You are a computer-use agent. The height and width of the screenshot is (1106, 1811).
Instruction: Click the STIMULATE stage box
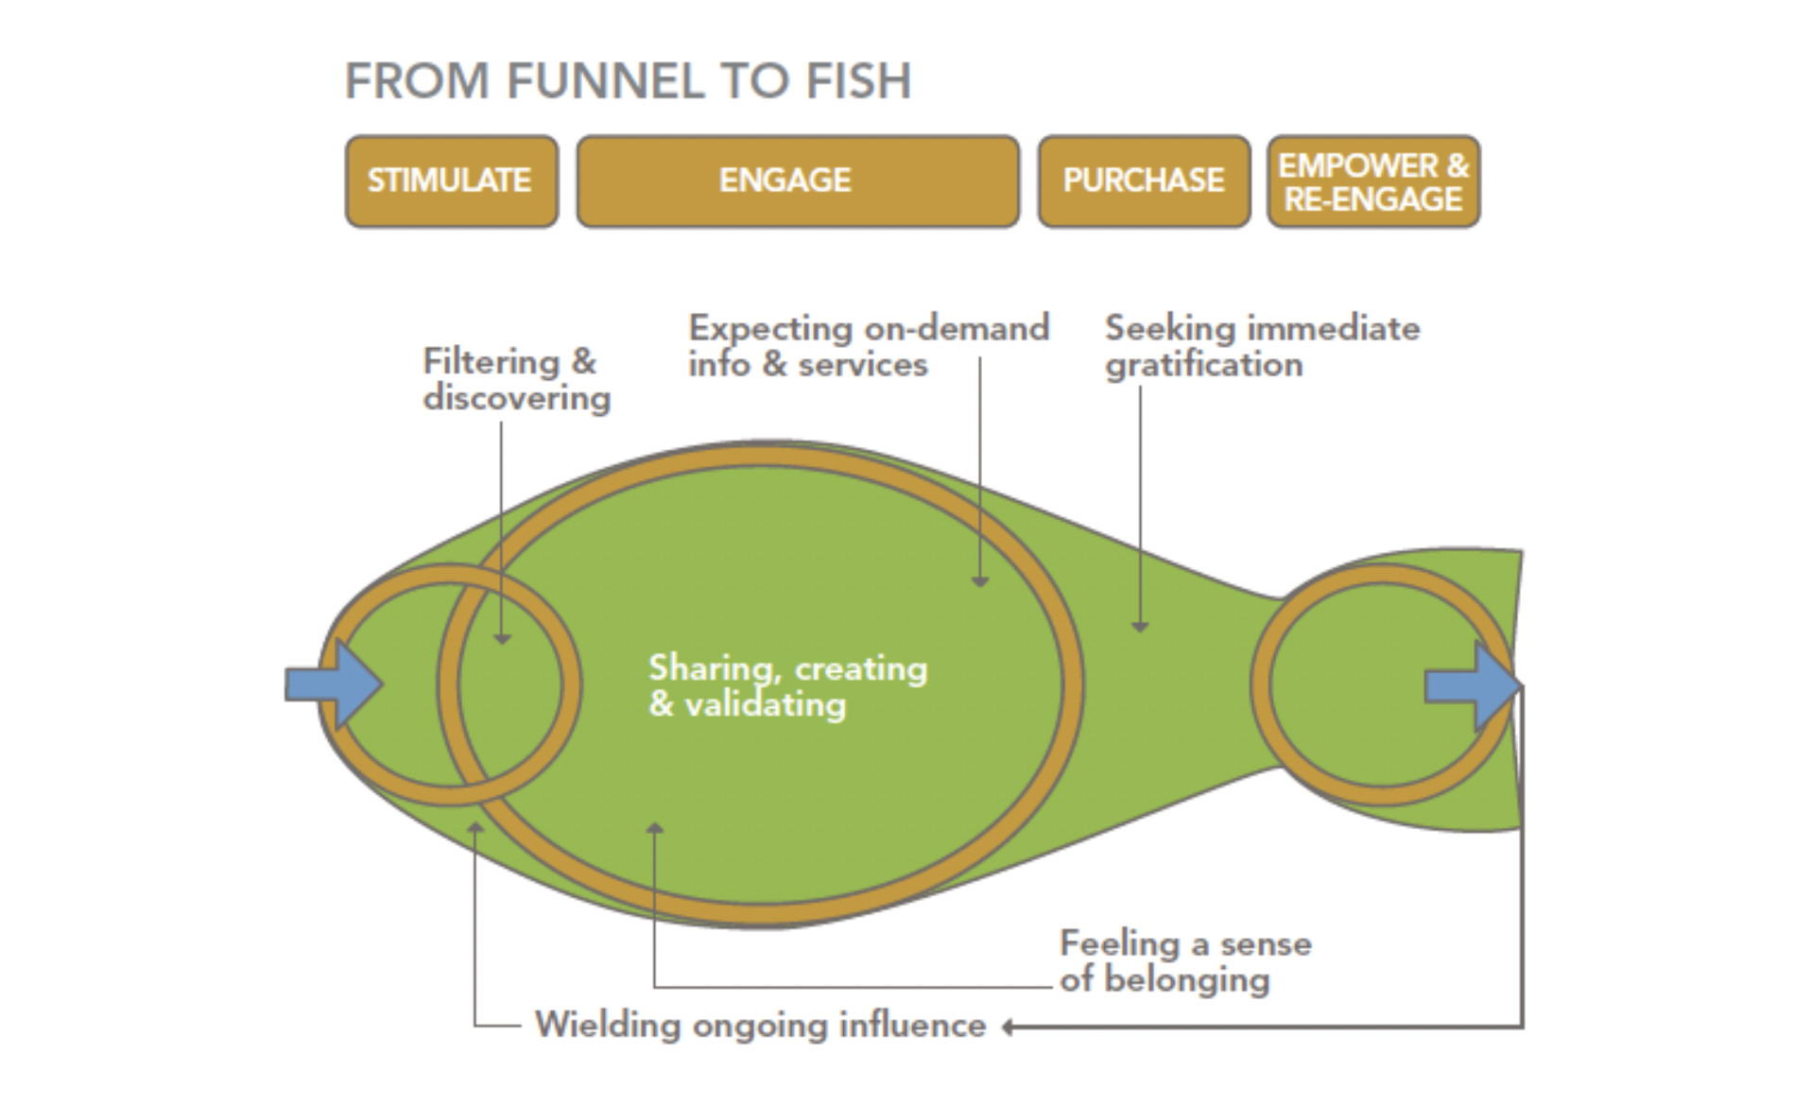click(x=451, y=181)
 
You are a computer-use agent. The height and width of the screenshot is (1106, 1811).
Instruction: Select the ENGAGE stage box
click(x=797, y=181)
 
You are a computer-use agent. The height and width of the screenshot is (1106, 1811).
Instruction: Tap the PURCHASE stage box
click(x=1143, y=181)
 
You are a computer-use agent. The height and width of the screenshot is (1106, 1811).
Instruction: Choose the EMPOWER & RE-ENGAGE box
click(x=1372, y=181)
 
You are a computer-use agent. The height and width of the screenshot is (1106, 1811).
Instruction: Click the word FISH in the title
click(x=858, y=81)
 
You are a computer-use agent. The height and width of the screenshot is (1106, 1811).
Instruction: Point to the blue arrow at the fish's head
click(x=335, y=684)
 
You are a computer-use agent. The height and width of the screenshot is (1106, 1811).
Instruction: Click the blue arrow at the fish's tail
click(x=1473, y=686)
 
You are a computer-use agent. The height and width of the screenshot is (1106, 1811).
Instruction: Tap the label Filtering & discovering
click(x=515, y=379)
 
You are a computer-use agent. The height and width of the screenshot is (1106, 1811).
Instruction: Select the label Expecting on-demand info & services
click(x=868, y=346)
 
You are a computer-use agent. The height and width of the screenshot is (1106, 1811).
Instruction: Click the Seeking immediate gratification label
click(x=1261, y=346)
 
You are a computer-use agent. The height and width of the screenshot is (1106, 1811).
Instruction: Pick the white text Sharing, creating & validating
click(x=787, y=686)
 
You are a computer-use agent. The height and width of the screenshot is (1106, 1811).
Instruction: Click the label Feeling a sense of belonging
click(x=1185, y=960)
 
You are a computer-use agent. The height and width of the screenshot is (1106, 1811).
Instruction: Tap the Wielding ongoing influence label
click(x=760, y=1026)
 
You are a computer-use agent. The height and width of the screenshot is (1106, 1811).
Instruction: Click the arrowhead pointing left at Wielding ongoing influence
click(x=1009, y=1027)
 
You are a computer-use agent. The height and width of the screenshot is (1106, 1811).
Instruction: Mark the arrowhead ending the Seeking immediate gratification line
click(x=1140, y=626)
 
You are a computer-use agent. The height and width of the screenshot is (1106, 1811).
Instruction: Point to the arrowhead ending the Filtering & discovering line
click(x=502, y=639)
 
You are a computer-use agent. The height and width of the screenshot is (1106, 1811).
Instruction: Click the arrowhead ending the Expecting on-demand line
click(x=980, y=580)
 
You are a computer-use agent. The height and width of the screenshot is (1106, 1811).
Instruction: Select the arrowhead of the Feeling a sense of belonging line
click(x=654, y=828)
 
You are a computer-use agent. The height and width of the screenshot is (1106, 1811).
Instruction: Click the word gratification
click(x=1203, y=365)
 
